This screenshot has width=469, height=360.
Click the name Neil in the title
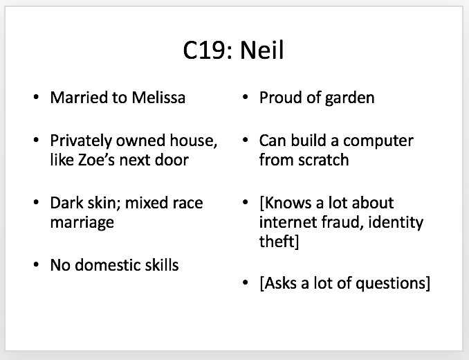[x=261, y=50]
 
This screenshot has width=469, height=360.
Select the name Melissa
[x=158, y=98]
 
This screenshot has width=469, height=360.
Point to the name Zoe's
[x=96, y=160]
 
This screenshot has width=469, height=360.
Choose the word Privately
[x=81, y=141]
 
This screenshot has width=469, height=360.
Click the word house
[x=194, y=141]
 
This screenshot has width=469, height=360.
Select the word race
[x=190, y=203]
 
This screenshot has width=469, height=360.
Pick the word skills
[x=162, y=265]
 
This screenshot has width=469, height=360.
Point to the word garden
[x=349, y=98]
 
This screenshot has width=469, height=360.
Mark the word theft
[x=277, y=241]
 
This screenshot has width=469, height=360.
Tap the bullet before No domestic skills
[x=36, y=265]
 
